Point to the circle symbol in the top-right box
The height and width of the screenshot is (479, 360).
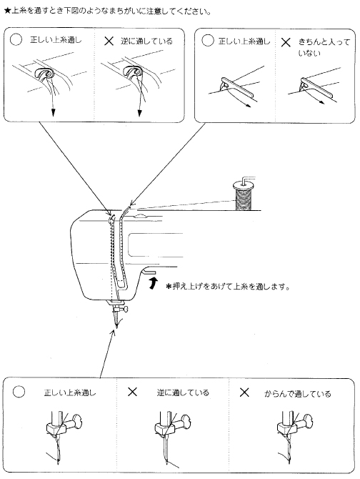[x=208, y=41]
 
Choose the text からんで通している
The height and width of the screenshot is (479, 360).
[x=297, y=392]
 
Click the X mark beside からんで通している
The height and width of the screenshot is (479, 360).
[x=244, y=392]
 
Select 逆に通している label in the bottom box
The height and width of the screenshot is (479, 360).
[x=183, y=392]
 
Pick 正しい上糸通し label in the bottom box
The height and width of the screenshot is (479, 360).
[x=69, y=392]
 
